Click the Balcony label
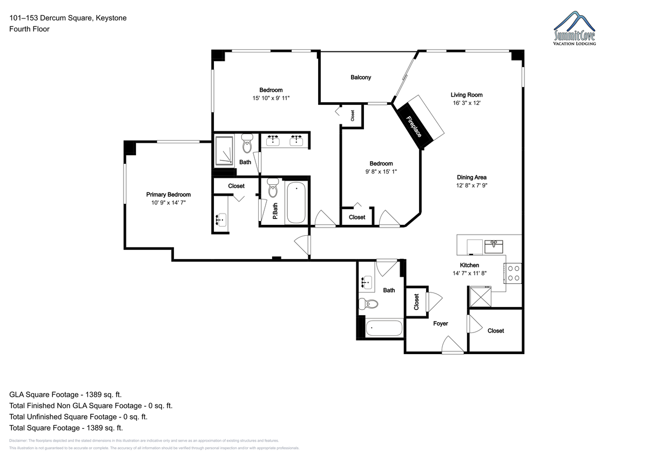361,77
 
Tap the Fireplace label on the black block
414,127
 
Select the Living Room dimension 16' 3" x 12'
467,103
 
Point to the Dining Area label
471,177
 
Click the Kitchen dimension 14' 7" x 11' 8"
469,273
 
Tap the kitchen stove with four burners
513,273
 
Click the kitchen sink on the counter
494,247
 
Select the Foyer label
441,323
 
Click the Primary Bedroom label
168,195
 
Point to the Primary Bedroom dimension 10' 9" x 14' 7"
168,203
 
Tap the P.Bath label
275,211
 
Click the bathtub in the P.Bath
296,202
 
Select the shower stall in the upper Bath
224,151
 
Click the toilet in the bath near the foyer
368,304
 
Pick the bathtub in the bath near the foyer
384,328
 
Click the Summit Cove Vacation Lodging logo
575,28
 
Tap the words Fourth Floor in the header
29,29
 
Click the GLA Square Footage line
65,395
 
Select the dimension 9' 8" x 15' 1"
381,171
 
